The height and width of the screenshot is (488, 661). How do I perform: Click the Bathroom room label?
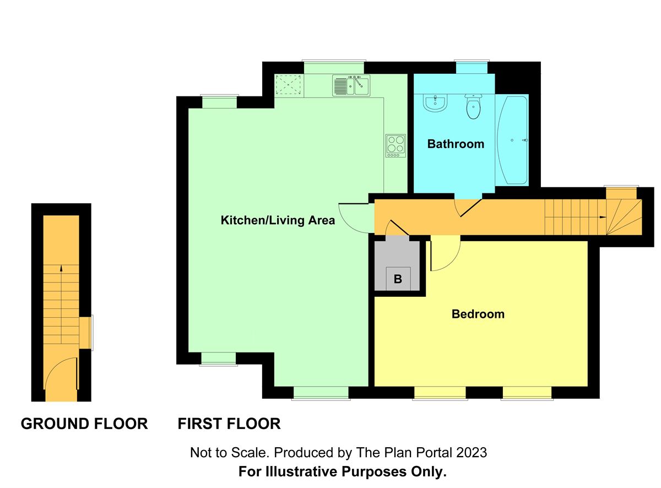click(456, 144)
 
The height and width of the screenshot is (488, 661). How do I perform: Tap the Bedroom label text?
click(478, 314)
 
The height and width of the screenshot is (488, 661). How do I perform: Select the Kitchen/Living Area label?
click(278, 220)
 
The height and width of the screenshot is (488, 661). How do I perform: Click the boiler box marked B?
click(398, 279)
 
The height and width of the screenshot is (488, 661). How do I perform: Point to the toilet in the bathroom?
click(473, 106)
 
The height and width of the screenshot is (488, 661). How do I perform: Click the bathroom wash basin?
click(435, 103)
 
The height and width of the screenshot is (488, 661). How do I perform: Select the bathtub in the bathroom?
click(512, 140)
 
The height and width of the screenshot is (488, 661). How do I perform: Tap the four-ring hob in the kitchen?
click(395, 146)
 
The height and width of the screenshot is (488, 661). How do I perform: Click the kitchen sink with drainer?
click(351, 85)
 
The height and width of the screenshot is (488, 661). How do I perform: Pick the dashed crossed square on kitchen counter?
click(288, 85)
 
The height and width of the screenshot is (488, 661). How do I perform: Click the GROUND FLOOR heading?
click(84, 424)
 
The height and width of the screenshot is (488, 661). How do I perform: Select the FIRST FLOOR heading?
click(229, 424)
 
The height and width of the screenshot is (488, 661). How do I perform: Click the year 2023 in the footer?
click(472, 453)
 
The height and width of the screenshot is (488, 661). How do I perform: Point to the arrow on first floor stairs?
click(603, 217)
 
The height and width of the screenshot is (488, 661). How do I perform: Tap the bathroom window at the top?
click(472, 67)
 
